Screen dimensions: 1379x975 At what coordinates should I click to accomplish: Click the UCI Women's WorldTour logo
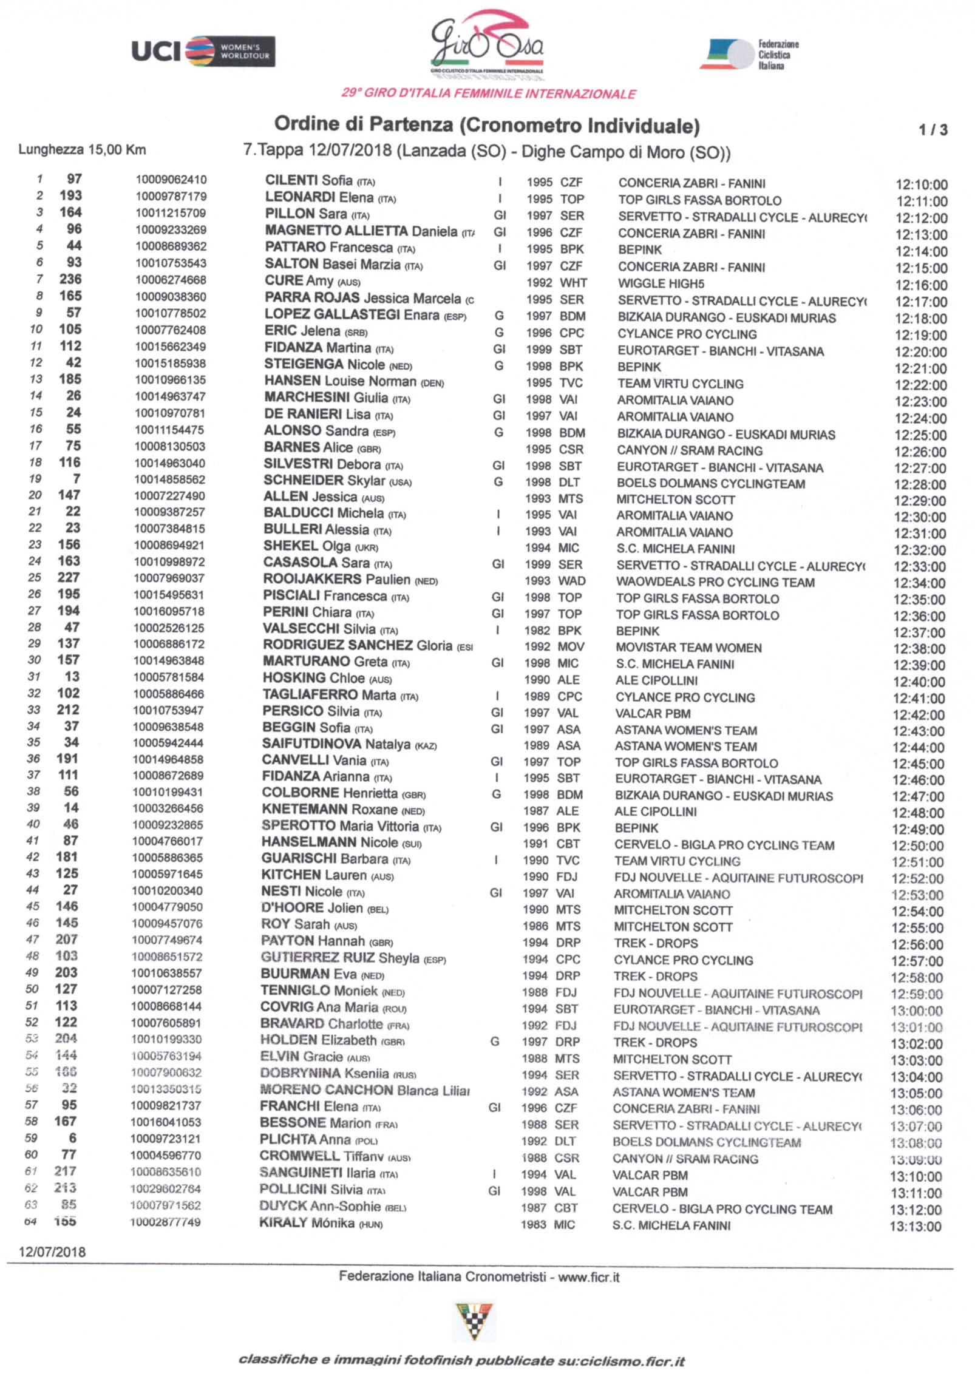203,52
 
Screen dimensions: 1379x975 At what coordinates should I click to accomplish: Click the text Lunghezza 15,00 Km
82,150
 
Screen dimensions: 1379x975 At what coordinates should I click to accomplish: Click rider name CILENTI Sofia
308,181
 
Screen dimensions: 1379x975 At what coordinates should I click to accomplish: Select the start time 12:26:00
920,452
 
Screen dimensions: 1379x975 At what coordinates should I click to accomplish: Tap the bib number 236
70,279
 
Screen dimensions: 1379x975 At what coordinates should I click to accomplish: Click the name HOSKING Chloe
313,679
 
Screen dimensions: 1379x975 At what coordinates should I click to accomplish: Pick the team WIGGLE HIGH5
661,283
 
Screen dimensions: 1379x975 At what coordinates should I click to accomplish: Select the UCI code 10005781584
169,677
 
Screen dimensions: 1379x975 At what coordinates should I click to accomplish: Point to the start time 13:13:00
915,1227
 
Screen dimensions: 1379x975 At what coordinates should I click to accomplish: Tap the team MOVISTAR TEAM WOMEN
688,648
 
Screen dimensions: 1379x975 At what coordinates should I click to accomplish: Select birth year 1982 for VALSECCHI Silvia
537,631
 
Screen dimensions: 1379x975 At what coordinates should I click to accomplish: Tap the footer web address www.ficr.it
588,1277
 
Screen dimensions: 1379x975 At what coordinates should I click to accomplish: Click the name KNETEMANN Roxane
330,810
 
